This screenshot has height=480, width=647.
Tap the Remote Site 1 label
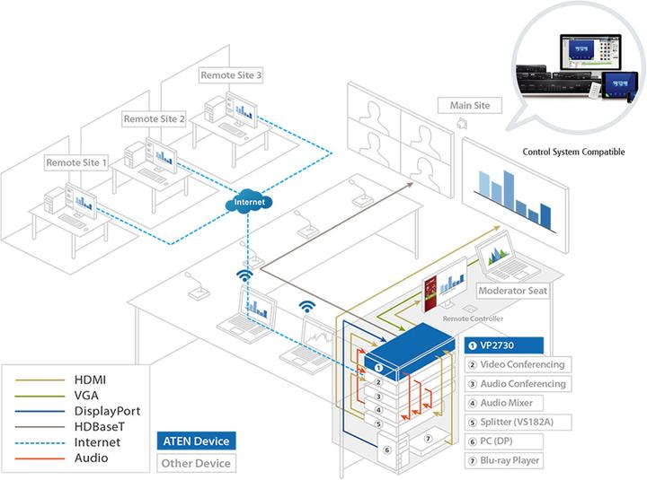(x=77, y=163)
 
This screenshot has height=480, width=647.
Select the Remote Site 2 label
(x=155, y=118)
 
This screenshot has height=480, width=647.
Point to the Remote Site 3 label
(x=232, y=76)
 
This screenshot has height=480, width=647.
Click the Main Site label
(x=469, y=106)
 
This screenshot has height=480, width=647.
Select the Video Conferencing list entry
(x=516, y=364)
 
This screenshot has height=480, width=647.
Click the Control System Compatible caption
(x=573, y=153)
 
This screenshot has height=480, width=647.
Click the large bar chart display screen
(x=515, y=186)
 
